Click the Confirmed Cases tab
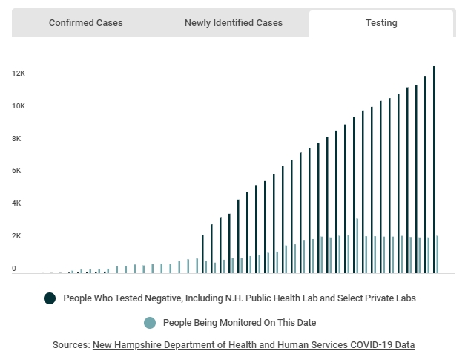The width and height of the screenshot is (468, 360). (x=85, y=23)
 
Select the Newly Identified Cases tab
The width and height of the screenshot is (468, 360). (x=233, y=23)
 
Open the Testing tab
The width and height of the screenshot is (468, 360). (x=380, y=23)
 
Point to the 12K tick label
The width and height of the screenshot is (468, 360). (x=19, y=73)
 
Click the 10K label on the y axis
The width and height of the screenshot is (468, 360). (x=19, y=106)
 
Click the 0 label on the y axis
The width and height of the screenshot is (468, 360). (x=14, y=269)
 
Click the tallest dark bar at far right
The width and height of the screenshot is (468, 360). (x=434, y=171)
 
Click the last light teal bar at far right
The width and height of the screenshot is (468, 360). (x=438, y=255)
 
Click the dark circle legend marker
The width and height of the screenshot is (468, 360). (x=50, y=298)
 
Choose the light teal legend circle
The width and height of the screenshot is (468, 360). (x=149, y=323)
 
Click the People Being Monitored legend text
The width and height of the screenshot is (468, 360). (x=239, y=323)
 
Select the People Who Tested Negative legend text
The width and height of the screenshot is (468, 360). (x=240, y=298)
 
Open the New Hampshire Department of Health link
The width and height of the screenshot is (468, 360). (x=254, y=345)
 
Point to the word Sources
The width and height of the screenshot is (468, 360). (x=70, y=345)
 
